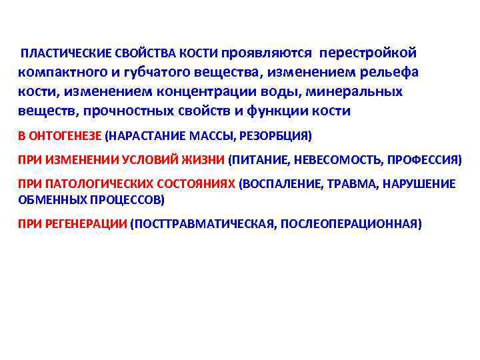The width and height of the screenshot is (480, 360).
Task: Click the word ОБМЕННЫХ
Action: [51, 199]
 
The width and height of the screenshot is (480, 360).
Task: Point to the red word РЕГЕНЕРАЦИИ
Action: [86, 223]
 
